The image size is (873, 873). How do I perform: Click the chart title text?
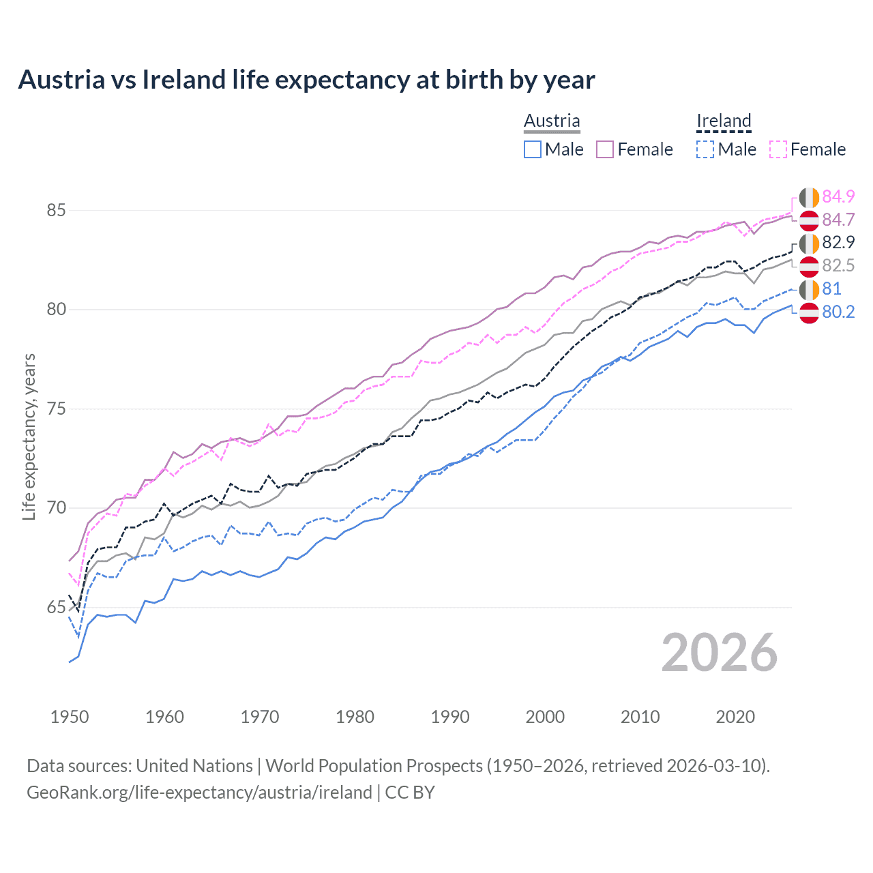[306, 80]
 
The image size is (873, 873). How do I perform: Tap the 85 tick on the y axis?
[56, 210]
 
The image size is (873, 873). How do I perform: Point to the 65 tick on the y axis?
[56, 607]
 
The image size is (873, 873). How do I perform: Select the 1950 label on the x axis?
[70, 717]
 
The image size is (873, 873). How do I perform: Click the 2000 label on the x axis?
[545, 717]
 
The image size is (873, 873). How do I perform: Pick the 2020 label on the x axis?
[735, 717]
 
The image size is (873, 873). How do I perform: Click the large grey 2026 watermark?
[719, 653]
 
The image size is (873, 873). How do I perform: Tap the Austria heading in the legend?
[552, 121]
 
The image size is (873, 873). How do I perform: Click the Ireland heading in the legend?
[724, 121]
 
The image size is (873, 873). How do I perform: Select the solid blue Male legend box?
[533, 149]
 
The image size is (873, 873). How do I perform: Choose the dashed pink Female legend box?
[778, 149]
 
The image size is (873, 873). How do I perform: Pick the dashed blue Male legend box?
[705, 149]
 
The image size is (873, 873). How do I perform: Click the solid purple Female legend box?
[605, 149]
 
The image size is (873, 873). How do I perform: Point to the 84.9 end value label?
[838, 196]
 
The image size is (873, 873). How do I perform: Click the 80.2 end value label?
[838, 312]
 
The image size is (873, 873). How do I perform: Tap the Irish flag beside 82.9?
[809, 243]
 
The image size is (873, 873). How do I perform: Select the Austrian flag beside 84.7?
[809, 220]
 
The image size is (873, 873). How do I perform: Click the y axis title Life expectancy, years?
[29, 436]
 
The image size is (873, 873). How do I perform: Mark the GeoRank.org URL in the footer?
[199, 793]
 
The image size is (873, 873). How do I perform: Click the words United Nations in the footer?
[194, 766]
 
